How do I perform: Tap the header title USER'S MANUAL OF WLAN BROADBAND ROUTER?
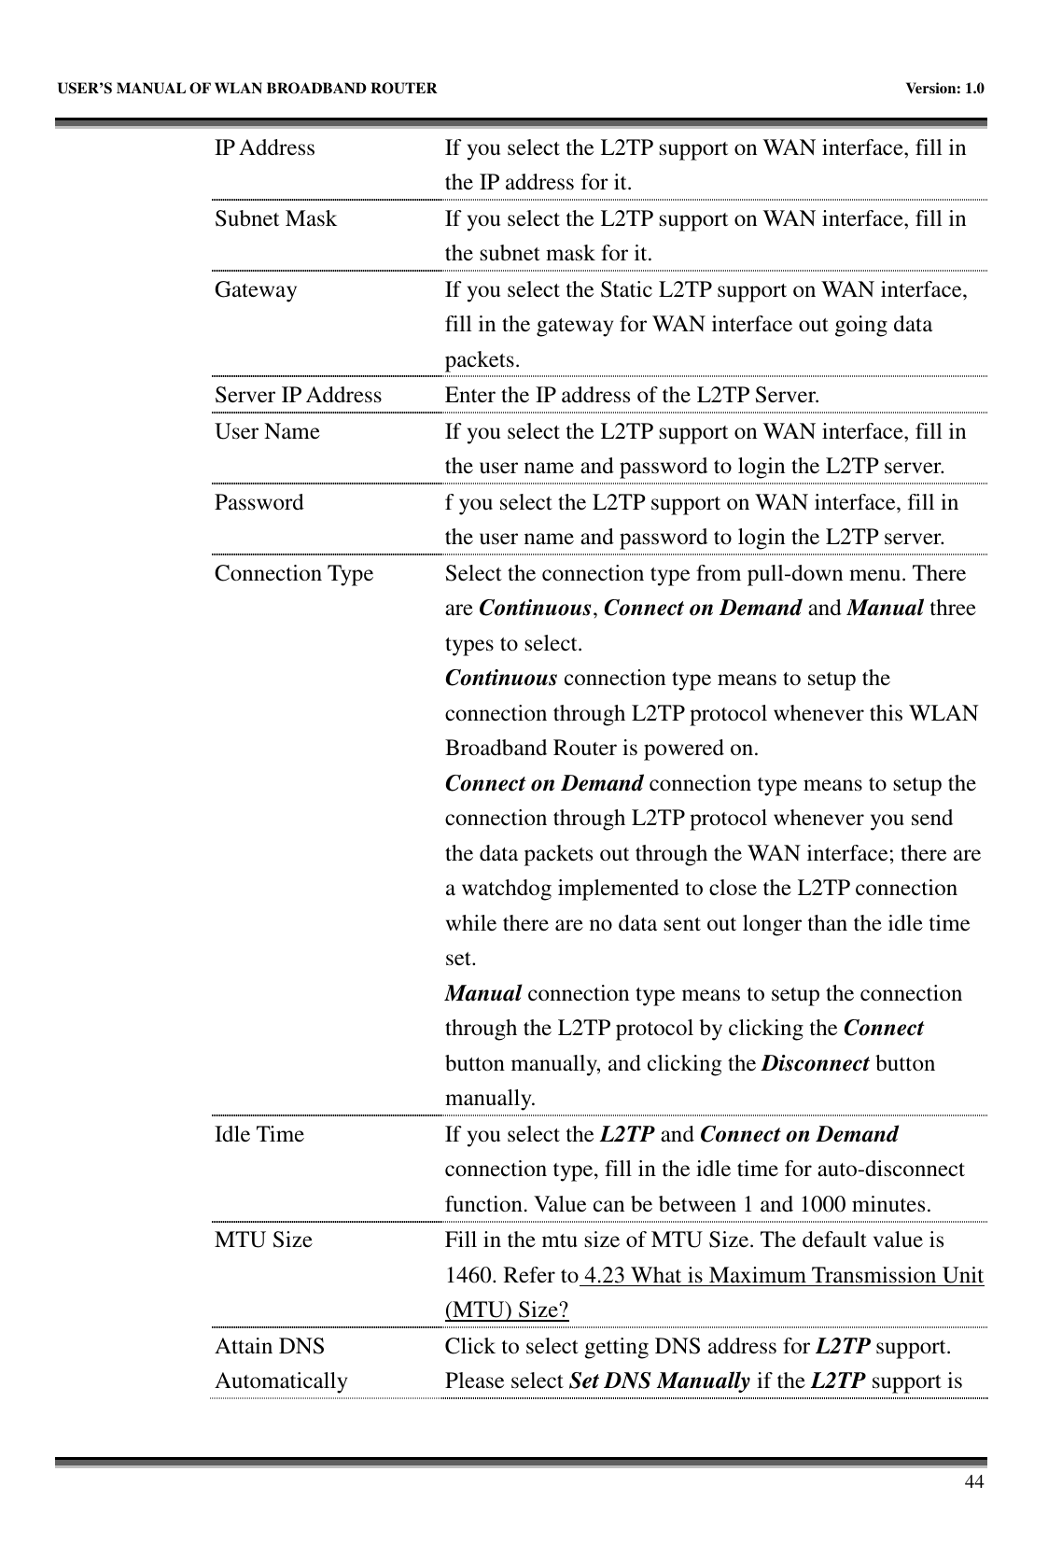[245, 90]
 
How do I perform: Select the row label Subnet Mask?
[275, 219]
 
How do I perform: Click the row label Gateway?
[256, 290]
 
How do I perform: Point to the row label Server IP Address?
[298, 396]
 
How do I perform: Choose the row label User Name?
[267, 432]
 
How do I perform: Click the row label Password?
[259, 503]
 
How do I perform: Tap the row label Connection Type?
[293, 574]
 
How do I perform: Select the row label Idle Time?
[259, 1135]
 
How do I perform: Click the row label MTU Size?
[263, 1241]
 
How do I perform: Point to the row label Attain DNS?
[270, 1347]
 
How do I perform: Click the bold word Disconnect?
[815, 1064]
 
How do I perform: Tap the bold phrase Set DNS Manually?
[659, 1381]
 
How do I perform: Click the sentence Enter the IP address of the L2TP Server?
[633, 396]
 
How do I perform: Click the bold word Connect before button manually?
[883, 1029]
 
